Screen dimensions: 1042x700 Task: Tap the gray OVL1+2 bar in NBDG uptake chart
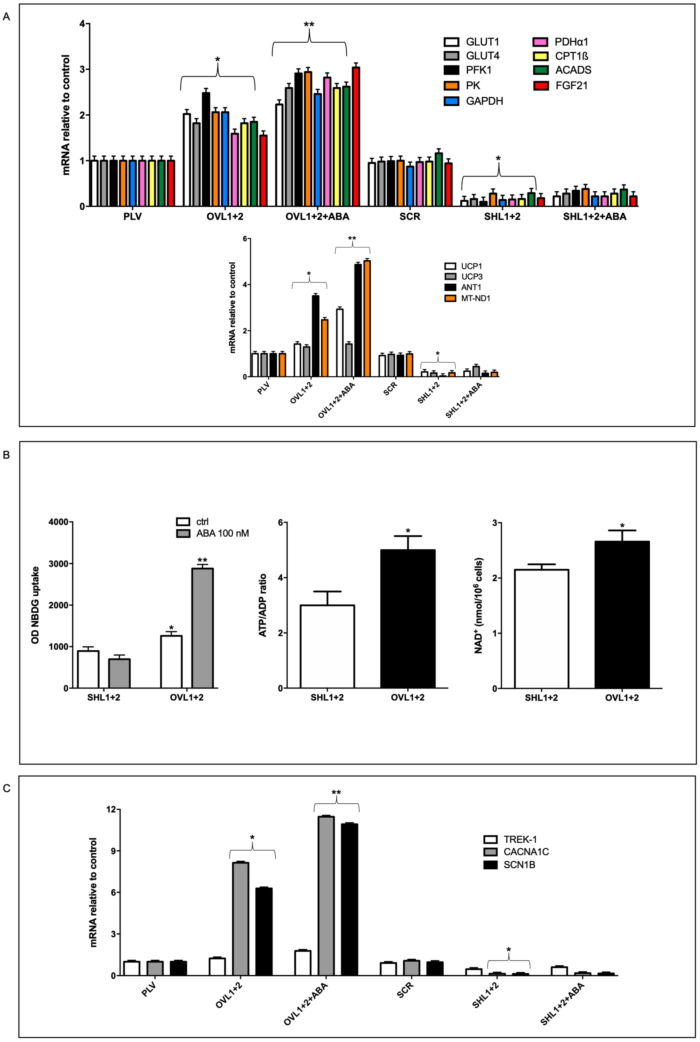pos(202,628)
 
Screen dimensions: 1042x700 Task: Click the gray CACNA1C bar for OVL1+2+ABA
pos(326,896)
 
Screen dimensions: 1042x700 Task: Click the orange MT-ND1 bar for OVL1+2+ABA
pos(367,318)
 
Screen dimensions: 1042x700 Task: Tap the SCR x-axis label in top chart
pos(410,217)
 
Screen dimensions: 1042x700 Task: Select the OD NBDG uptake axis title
pos(35,605)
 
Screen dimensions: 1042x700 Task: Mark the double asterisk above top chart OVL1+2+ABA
pos(309,25)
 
